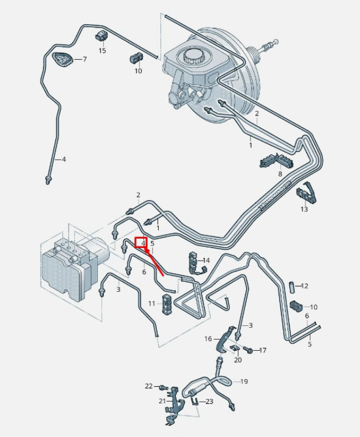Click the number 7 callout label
pyautogui.click(x=85, y=59)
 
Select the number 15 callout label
pyautogui.click(x=102, y=50)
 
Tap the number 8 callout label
pyautogui.click(x=280, y=175)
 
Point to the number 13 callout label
pyautogui.click(x=304, y=209)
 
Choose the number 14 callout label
pyautogui.click(x=206, y=260)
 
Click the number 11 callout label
pyautogui.click(x=152, y=304)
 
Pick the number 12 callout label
pyautogui.click(x=304, y=286)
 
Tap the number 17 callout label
pyautogui.click(x=263, y=350)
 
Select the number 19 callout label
pyautogui.click(x=244, y=382)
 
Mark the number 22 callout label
pyautogui.click(x=148, y=386)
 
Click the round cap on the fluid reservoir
pyautogui.click(x=194, y=56)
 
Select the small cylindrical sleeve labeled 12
pyautogui.click(x=288, y=286)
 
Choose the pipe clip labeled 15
pyautogui.click(x=101, y=37)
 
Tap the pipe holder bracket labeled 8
pyautogui.click(x=276, y=161)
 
